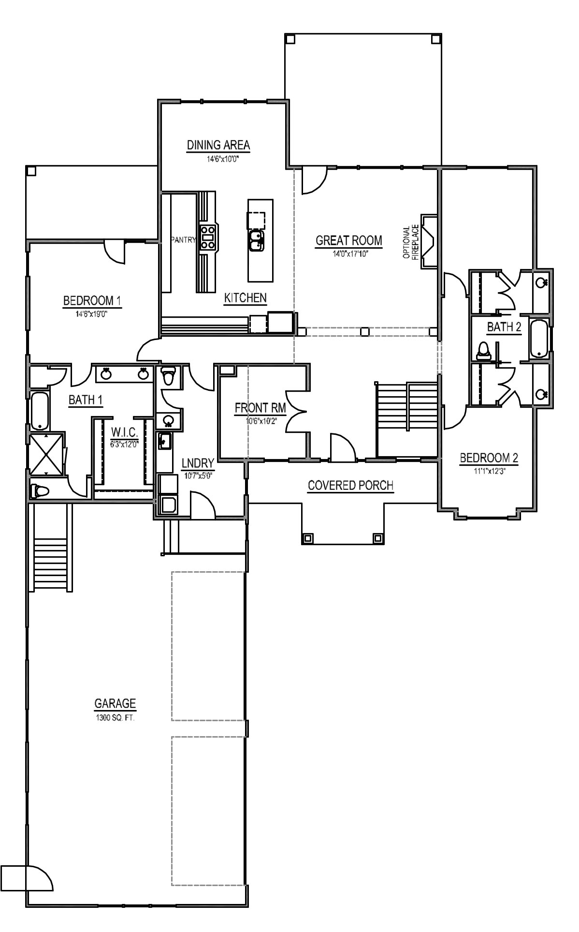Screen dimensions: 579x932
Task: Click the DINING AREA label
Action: (218, 145)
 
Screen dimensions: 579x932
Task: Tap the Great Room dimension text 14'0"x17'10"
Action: (348, 253)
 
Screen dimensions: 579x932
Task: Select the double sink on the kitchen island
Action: (256, 241)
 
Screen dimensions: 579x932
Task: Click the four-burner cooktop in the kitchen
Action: (207, 237)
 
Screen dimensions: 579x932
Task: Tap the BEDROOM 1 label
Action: (92, 301)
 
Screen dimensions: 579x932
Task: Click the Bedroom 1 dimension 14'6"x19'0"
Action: (92, 313)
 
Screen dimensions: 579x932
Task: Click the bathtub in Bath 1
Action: (40, 411)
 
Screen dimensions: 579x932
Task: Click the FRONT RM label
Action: (260, 408)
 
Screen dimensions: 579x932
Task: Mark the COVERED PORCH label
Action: (350, 485)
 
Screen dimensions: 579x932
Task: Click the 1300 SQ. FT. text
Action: (115, 718)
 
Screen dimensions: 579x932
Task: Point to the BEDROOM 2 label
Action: (489, 458)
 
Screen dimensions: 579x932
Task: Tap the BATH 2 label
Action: (504, 327)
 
